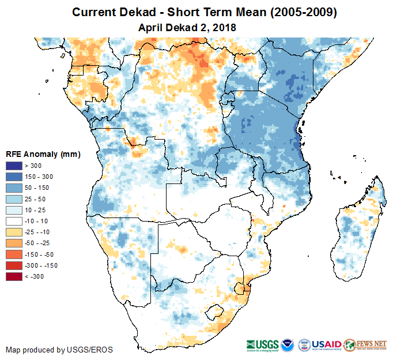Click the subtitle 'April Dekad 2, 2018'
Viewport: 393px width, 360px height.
pos(187,27)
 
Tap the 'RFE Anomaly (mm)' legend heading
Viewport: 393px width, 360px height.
pos(43,154)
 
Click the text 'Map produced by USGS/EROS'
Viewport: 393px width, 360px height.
pos(59,350)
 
